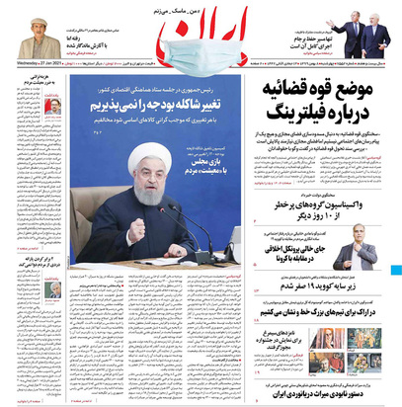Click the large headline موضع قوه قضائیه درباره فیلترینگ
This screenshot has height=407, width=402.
coord(326,109)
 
